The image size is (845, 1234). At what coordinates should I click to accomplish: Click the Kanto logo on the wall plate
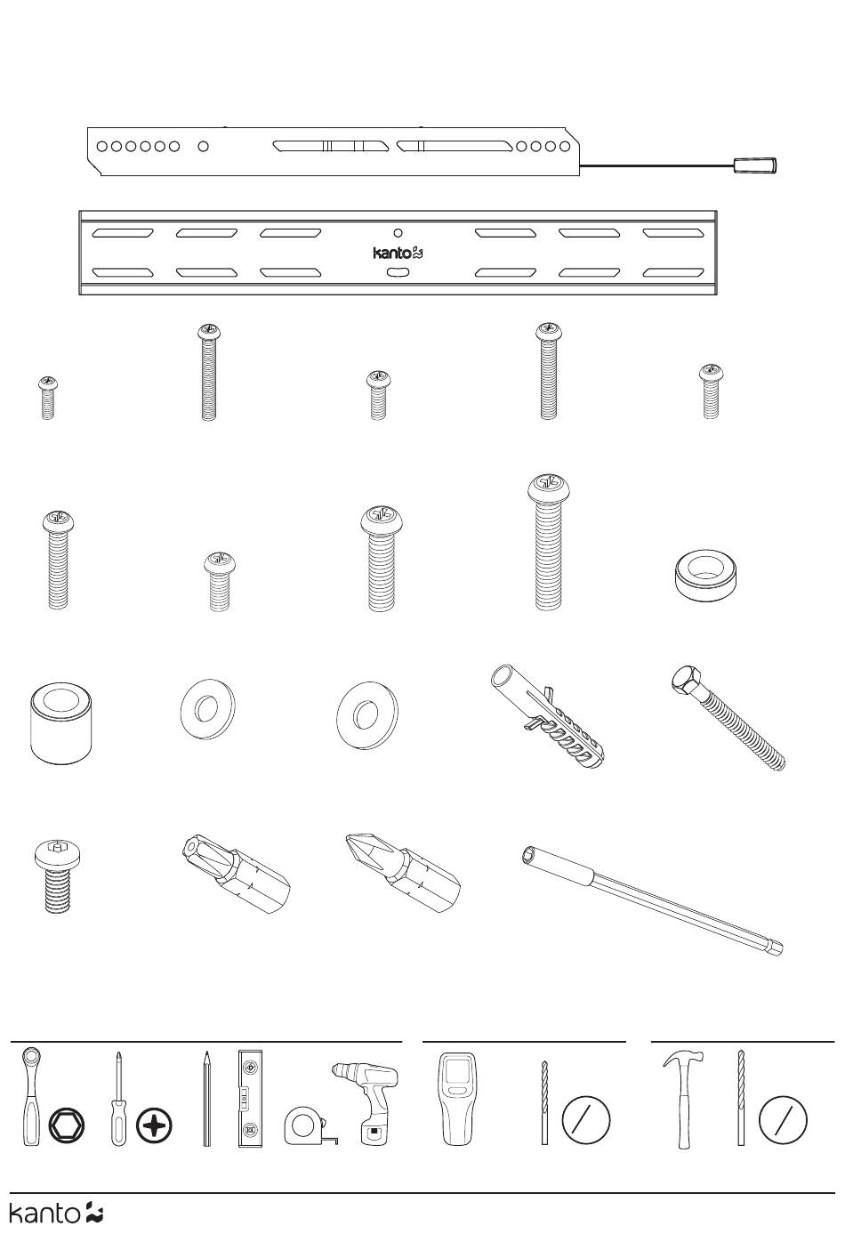click(x=398, y=253)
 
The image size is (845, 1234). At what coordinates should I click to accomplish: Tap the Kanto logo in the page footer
click(x=56, y=1214)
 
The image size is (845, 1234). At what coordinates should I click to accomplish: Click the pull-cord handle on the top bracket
click(x=754, y=165)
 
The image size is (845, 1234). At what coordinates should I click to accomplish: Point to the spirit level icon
click(x=250, y=1099)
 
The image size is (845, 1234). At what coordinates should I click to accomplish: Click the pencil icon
click(x=206, y=1099)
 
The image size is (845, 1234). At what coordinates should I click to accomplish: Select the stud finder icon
click(x=459, y=1099)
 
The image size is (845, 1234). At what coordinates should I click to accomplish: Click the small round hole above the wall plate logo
click(x=398, y=232)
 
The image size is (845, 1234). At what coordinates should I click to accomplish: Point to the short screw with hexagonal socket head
click(x=57, y=875)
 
